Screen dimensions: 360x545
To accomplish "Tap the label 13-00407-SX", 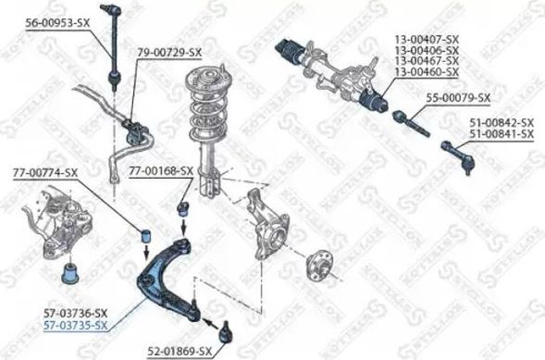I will (x=428, y=40).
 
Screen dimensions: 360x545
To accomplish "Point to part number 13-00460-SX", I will (x=428, y=71).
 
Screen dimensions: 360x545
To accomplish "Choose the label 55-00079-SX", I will (x=457, y=97).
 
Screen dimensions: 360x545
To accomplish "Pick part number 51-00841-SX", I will (x=501, y=134).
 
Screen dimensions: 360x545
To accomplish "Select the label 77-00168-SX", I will (x=159, y=170).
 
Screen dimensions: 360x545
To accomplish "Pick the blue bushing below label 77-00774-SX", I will (x=145, y=237).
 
